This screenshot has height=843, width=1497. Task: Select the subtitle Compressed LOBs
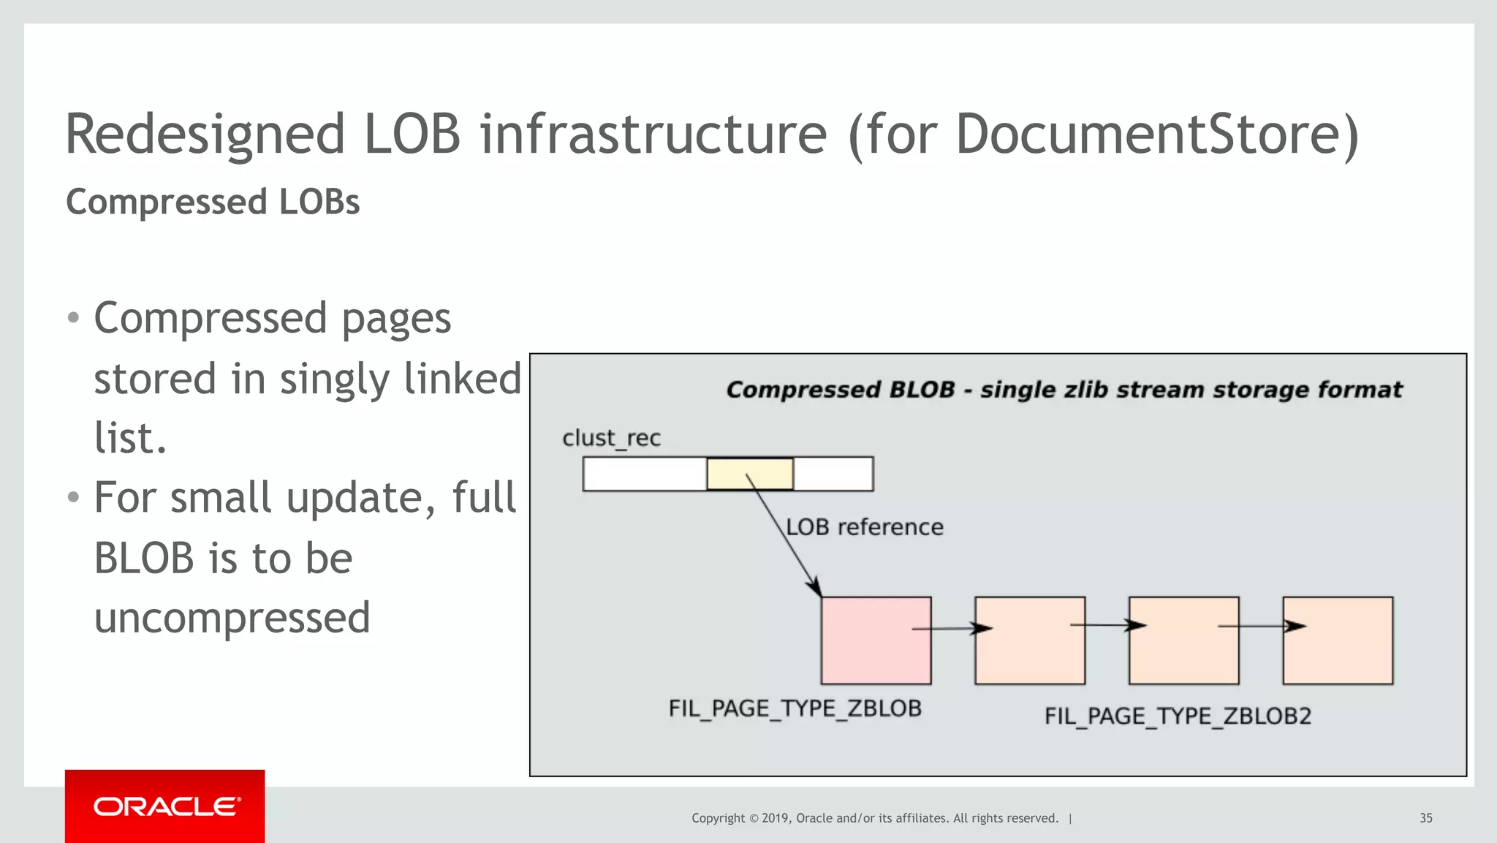tap(213, 203)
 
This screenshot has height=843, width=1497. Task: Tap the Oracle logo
tap(165, 806)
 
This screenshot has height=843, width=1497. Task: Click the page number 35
tap(1425, 818)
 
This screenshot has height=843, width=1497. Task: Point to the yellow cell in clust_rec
tap(750, 474)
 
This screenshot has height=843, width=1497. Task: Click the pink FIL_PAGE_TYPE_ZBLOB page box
tap(876, 640)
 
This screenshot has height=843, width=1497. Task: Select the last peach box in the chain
tap(1338, 640)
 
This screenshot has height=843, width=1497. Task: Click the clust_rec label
tap(611, 438)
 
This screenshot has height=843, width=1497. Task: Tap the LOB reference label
tap(865, 527)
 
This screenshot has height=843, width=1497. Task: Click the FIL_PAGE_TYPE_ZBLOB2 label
tap(1178, 716)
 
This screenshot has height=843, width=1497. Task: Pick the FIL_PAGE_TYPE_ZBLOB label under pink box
tap(795, 708)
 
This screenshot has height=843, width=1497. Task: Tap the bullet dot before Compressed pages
tap(72, 318)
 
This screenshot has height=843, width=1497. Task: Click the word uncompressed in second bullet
tap(232, 618)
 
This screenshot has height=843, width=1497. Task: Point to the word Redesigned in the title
tap(205, 135)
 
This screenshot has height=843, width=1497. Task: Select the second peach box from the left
tap(1183, 640)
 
